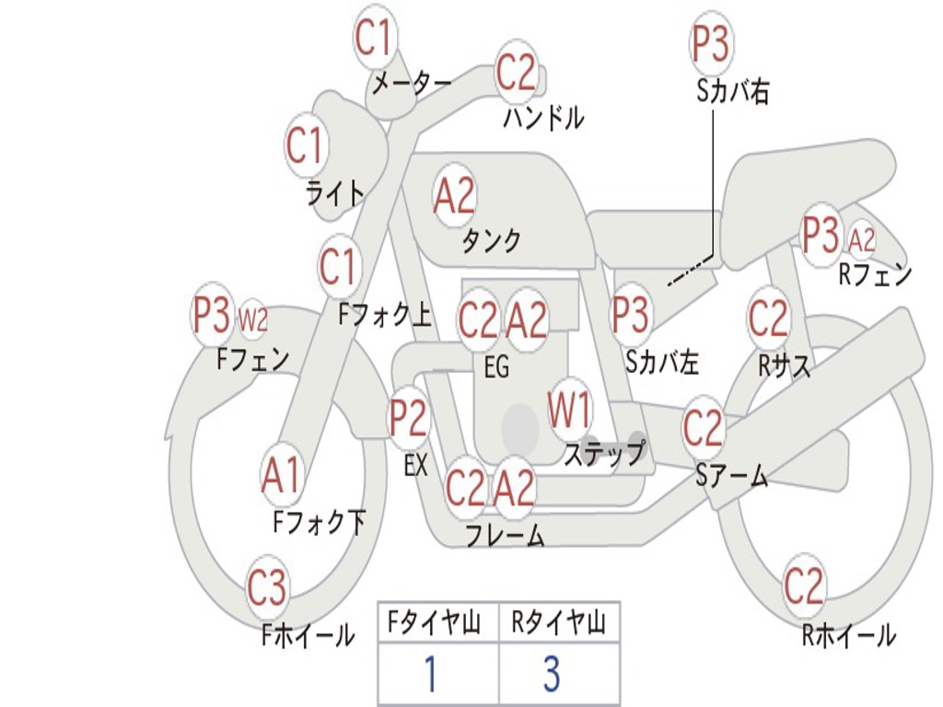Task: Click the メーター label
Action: (411, 84)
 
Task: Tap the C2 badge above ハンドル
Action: (516, 72)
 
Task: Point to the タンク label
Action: (492, 241)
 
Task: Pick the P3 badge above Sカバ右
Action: (711, 44)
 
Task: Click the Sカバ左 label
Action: (662, 363)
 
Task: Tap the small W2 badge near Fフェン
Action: (253, 319)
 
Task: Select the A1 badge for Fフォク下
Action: (281, 477)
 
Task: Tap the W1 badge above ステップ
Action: (570, 410)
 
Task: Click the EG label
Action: (496, 367)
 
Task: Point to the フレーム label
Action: (505, 535)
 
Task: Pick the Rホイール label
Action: (848, 635)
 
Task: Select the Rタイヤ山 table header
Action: (559, 625)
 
